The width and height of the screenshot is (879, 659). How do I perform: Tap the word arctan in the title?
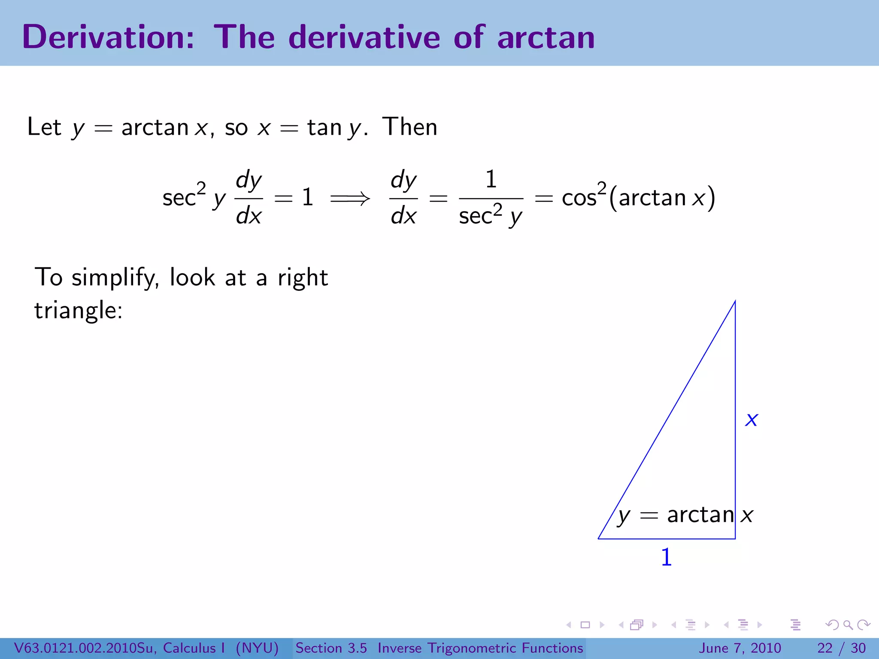546,38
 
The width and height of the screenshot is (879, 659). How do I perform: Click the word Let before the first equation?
44,127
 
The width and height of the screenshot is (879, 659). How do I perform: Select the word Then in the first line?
410,127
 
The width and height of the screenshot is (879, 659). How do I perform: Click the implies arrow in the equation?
350,198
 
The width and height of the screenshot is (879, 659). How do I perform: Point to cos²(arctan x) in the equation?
638,198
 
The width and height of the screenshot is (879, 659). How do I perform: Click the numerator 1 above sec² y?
491,179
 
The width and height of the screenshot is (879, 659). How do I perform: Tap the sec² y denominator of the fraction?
491,216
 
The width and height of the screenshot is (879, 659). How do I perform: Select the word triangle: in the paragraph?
78,310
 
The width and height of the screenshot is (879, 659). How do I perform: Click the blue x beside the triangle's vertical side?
752,419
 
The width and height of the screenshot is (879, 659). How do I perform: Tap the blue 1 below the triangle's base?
666,557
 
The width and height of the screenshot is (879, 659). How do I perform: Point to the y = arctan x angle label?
685,515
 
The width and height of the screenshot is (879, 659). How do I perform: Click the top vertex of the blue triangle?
735,302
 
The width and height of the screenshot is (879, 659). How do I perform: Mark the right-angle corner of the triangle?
735,538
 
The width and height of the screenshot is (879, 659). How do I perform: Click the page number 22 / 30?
841,648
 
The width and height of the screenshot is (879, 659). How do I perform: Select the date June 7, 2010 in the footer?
740,648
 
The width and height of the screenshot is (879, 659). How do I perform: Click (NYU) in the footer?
257,648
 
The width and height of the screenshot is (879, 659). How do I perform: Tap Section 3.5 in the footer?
331,648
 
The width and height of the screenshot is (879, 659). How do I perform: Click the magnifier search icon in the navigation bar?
848,625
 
